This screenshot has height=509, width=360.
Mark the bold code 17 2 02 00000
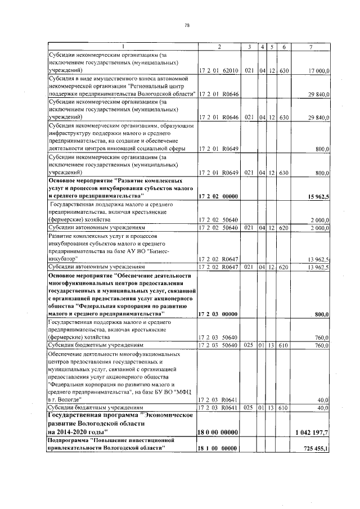coord(218,195)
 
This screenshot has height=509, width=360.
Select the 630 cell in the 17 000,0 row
coord(285,70)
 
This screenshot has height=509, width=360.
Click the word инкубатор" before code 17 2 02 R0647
coord(62,259)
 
